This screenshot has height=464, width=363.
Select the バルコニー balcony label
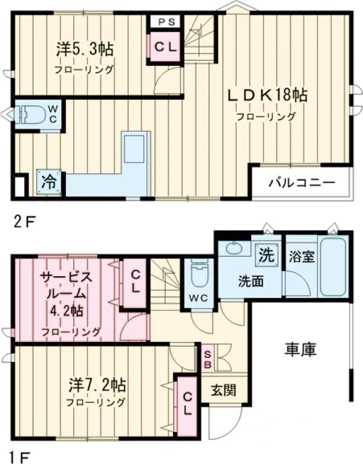click(302, 181)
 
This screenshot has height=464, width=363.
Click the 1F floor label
click(22, 451)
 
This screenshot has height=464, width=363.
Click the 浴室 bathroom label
click(301, 256)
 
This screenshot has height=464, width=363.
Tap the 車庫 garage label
click(301, 349)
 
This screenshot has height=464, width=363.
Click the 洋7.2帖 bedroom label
click(97, 384)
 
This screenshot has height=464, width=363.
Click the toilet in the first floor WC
click(198, 275)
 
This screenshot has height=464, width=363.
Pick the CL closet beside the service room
click(135, 280)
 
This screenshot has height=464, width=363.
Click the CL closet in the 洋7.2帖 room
click(188, 403)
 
